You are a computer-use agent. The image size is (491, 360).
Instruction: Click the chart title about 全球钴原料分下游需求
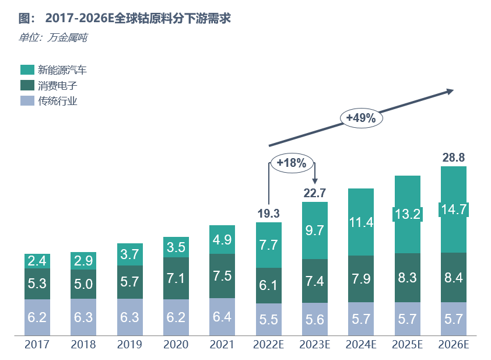click(x=125, y=18)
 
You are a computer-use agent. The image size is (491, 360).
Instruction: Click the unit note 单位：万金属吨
click(x=53, y=38)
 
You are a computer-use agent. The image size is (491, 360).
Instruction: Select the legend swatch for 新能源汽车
click(x=27, y=70)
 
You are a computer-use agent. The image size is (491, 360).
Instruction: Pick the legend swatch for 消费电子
click(x=27, y=85)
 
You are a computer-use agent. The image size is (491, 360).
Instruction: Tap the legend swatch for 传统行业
click(x=27, y=100)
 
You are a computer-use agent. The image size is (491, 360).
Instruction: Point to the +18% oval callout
click(x=292, y=163)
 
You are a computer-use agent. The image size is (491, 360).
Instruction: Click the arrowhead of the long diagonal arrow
click(x=450, y=91)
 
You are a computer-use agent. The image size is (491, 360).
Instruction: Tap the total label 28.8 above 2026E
click(x=453, y=158)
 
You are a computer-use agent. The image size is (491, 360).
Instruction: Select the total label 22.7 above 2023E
click(x=314, y=193)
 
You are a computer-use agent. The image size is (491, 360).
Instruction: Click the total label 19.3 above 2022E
click(x=268, y=214)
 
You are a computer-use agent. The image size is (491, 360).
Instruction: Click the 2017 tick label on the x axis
click(x=37, y=345)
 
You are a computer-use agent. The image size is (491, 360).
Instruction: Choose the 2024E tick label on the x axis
click(x=361, y=345)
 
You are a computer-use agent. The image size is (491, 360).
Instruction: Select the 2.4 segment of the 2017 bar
click(x=37, y=261)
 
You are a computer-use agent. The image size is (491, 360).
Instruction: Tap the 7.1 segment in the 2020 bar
click(x=176, y=278)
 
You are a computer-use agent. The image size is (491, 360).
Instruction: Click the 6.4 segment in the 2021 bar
click(x=222, y=317)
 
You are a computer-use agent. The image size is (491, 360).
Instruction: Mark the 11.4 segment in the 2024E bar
click(x=361, y=222)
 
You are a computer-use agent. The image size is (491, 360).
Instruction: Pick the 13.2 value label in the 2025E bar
click(x=407, y=214)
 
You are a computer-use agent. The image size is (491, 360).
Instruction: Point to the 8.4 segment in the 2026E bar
click(x=453, y=278)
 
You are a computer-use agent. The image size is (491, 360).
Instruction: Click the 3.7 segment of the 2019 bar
click(x=129, y=254)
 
